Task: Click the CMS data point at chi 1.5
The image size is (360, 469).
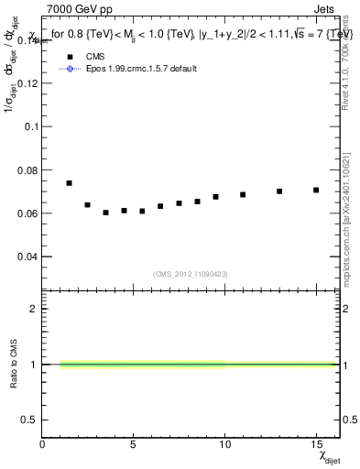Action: point(69,183)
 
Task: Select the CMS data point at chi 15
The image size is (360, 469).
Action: point(316,191)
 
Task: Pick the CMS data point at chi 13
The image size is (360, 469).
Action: point(279,191)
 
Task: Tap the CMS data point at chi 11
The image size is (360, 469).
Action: point(243,194)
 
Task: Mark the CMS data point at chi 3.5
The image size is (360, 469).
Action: point(105,213)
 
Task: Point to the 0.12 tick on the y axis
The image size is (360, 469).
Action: point(28,82)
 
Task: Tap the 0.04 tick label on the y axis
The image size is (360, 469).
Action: point(28,257)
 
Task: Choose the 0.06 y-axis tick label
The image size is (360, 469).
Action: point(28,213)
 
